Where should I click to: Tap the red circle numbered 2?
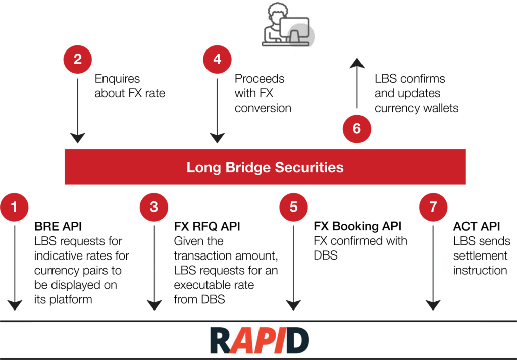(x=77, y=60)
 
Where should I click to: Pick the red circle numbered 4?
(x=217, y=60)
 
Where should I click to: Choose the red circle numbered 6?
(x=356, y=128)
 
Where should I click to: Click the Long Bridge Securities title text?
(x=265, y=167)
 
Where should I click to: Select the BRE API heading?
(x=57, y=227)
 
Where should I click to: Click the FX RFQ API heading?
(x=207, y=227)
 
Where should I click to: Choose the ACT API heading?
(x=476, y=227)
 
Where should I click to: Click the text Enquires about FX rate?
(x=129, y=86)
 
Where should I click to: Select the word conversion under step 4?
(x=263, y=108)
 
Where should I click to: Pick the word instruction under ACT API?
(x=480, y=270)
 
